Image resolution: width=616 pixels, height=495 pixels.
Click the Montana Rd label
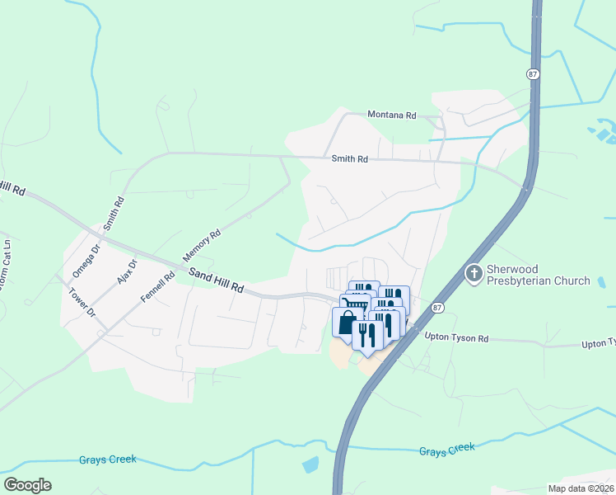(392, 115)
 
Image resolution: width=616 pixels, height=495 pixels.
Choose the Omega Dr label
(85, 261)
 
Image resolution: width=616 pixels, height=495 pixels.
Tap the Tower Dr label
(83, 303)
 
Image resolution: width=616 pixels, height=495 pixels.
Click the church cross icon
(474, 273)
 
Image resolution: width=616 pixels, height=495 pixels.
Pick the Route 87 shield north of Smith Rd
(534, 73)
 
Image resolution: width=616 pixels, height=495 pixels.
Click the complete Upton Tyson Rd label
(457, 337)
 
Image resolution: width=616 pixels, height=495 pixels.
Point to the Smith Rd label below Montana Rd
(349, 159)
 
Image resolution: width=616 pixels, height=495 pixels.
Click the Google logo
(27, 485)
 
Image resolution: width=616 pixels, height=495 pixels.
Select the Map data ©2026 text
(581, 488)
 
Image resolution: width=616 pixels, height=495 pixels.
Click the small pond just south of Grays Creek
(310, 464)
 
